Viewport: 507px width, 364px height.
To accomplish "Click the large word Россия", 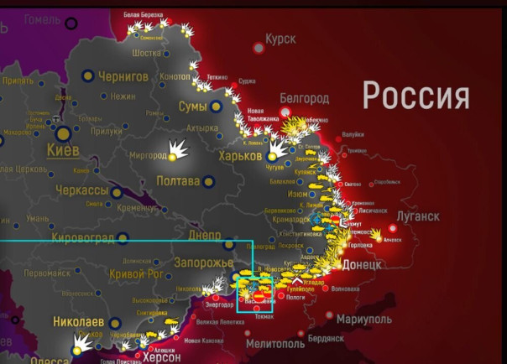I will [x=416, y=96].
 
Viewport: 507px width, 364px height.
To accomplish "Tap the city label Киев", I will [x=64, y=151].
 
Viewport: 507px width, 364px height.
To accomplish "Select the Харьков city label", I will [x=240, y=156].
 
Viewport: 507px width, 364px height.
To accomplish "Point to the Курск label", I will [x=280, y=39].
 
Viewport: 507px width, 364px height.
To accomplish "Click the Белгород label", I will [x=304, y=98].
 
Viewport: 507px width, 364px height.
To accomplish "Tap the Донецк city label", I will [x=360, y=264].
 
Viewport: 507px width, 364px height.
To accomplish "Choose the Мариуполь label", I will [x=368, y=320].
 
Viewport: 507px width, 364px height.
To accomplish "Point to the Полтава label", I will [x=178, y=181].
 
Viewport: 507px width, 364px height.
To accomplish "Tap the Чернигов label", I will [x=123, y=76].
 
